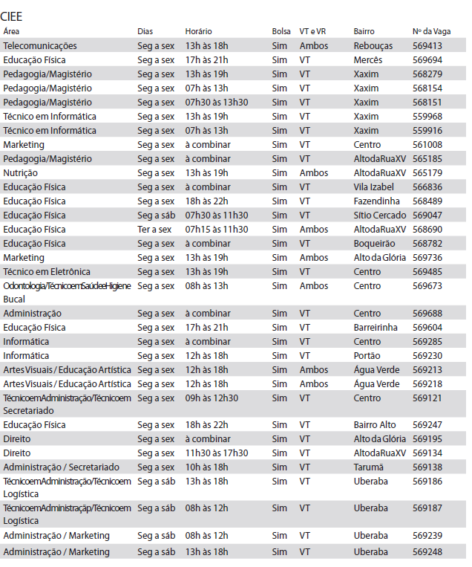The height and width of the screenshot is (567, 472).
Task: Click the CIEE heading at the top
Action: pos(13,14)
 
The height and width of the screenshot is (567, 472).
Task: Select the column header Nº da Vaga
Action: pos(430,31)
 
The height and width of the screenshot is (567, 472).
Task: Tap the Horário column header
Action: pos(198,31)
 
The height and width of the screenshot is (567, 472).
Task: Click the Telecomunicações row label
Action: pos(40,46)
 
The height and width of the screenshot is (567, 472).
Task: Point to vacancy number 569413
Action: pos(427,46)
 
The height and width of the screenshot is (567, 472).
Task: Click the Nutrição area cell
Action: pos(20,172)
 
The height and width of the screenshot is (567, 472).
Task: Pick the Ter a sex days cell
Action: pos(154,229)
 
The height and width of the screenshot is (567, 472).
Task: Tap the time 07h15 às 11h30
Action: pos(216,229)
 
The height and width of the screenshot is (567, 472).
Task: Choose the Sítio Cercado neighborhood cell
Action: pos(378,215)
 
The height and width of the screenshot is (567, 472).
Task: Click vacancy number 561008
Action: pos(427,144)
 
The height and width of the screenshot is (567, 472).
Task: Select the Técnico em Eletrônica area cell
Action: pos(47,271)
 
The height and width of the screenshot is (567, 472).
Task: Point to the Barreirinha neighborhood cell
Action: pos(376,328)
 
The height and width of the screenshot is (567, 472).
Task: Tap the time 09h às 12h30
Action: pos(212,398)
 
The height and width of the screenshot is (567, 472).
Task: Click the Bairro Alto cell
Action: pos(375,425)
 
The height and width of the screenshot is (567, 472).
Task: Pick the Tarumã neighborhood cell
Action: pos(369,467)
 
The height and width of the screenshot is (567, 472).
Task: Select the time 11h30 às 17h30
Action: pos(216,453)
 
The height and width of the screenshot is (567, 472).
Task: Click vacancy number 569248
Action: pos(427,552)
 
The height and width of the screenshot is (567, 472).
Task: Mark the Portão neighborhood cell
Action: pos(367,356)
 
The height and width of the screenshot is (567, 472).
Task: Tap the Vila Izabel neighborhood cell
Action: pos(373,187)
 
